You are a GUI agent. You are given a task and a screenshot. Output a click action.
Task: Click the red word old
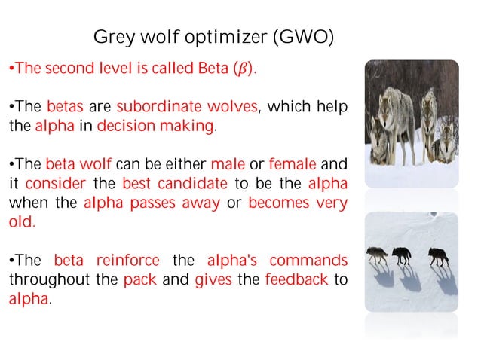(x=21, y=223)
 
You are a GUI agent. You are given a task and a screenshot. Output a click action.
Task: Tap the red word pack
(x=136, y=281)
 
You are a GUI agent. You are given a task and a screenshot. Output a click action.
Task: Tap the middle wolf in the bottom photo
(x=403, y=255)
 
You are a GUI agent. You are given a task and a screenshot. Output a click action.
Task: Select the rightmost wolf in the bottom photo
(x=437, y=256)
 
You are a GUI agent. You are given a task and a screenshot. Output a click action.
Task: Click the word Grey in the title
(x=109, y=37)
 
